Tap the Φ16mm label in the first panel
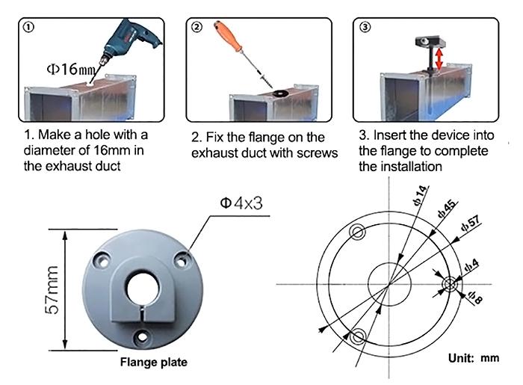(x=70, y=70)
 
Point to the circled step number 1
(x=28, y=27)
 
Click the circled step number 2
(x=197, y=28)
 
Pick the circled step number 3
(x=364, y=28)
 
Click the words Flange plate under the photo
(x=154, y=363)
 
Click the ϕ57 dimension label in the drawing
(x=471, y=224)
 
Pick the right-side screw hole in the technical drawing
(x=451, y=284)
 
